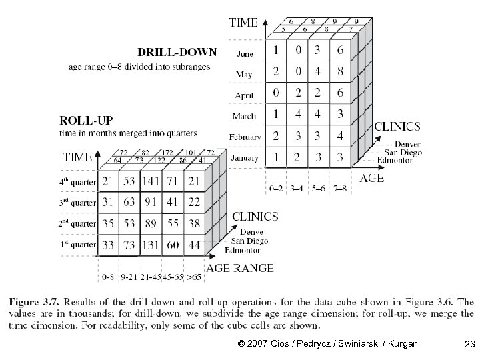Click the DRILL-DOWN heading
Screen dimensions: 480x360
(177, 51)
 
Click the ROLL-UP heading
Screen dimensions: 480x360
(87, 121)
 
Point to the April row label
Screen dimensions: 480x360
(245, 95)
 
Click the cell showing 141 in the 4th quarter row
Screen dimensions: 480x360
(151, 181)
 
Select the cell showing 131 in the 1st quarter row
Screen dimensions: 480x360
(151, 246)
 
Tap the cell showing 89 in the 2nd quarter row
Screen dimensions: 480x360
(151, 224)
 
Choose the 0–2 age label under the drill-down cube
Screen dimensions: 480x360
(275, 189)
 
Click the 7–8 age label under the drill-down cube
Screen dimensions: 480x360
(340, 189)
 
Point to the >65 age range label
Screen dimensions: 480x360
(195, 275)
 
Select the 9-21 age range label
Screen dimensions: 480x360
(129, 275)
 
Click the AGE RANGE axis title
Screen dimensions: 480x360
(240, 268)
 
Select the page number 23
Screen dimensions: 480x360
(469, 344)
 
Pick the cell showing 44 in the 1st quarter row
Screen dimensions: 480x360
(195, 246)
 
